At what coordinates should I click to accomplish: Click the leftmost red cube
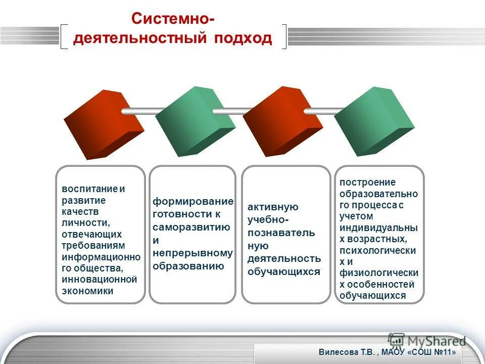(103, 124)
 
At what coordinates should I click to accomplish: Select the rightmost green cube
(374, 121)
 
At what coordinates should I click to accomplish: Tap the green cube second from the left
(195, 121)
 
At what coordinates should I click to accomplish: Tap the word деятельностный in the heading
(139, 39)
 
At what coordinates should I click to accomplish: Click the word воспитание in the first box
(89, 189)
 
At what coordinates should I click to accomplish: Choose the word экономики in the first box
(87, 291)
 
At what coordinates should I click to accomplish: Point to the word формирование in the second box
(193, 202)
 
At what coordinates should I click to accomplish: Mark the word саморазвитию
(191, 227)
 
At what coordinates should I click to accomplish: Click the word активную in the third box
(273, 207)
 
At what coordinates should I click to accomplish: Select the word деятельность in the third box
(284, 258)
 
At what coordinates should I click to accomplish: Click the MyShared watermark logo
(427, 340)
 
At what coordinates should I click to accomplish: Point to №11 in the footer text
(442, 352)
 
